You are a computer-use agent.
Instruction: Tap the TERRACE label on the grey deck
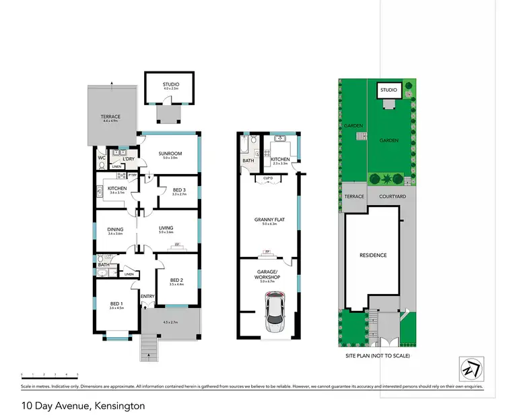point(110,117)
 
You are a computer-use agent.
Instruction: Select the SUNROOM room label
point(170,153)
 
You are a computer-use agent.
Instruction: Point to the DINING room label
point(115,229)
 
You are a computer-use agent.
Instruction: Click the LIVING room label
point(166,229)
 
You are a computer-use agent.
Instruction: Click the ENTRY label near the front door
point(147,297)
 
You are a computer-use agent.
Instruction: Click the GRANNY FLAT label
point(267,219)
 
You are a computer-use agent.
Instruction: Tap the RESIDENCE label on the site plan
point(373,255)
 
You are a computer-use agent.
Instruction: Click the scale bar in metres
point(50,374)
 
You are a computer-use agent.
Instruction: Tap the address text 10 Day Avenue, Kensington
point(83,406)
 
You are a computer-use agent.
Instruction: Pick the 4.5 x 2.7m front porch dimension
point(170,322)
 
